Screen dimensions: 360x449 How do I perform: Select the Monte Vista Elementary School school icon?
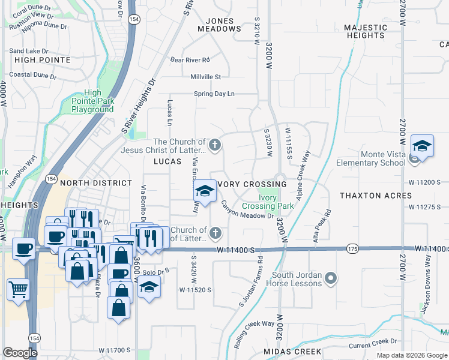(x=422, y=146)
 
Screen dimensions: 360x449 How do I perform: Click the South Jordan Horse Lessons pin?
(x=331, y=278)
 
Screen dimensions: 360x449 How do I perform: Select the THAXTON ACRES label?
(x=376, y=196)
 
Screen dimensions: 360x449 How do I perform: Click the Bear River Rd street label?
(x=190, y=60)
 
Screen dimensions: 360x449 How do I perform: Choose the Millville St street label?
(x=206, y=77)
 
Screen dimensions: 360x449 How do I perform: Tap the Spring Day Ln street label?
(x=214, y=94)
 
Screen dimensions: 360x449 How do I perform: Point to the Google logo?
(x=20, y=352)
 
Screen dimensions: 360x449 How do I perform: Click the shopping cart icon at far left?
(x=18, y=290)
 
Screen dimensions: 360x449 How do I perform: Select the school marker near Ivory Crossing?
(x=205, y=191)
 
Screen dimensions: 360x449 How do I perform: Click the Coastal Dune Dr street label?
(x=33, y=76)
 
